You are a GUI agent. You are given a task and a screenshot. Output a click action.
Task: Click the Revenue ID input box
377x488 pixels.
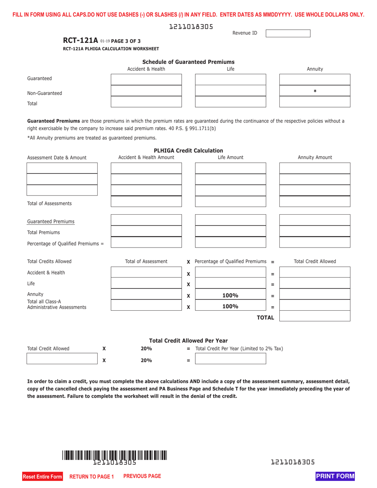[x=288, y=33]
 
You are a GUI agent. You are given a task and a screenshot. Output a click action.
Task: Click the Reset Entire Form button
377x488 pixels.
[x=42, y=476]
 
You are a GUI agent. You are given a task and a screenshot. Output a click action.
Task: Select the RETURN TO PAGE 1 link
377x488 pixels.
[x=92, y=476]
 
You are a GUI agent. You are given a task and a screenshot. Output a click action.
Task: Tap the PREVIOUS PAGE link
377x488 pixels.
[x=142, y=476]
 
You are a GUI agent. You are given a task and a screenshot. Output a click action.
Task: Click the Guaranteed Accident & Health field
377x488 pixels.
[x=146, y=79]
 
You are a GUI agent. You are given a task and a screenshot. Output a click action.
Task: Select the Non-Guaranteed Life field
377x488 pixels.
[x=230, y=91]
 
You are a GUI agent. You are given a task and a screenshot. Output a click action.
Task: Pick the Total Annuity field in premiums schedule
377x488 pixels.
[x=315, y=102]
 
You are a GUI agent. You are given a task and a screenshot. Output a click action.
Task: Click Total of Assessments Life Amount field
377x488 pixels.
[x=230, y=202]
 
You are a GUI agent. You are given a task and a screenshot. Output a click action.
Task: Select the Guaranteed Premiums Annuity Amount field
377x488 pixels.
[x=315, y=220]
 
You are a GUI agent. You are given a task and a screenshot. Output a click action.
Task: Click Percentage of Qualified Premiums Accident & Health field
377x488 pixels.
[x=146, y=242]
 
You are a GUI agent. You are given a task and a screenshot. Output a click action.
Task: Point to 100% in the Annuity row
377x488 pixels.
[x=230, y=295]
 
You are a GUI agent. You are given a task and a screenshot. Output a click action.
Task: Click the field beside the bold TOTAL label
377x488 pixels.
[x=315, y=316]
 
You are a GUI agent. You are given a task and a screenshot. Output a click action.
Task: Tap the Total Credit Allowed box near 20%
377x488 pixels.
[x=62, y=359]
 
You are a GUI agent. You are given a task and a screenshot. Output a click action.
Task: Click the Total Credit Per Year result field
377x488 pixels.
[x=230, y=359]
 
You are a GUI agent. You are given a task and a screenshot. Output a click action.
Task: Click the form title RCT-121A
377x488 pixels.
[x=80, y=40]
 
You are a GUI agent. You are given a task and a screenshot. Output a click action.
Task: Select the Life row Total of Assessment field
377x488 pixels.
[x=146, y=283]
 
